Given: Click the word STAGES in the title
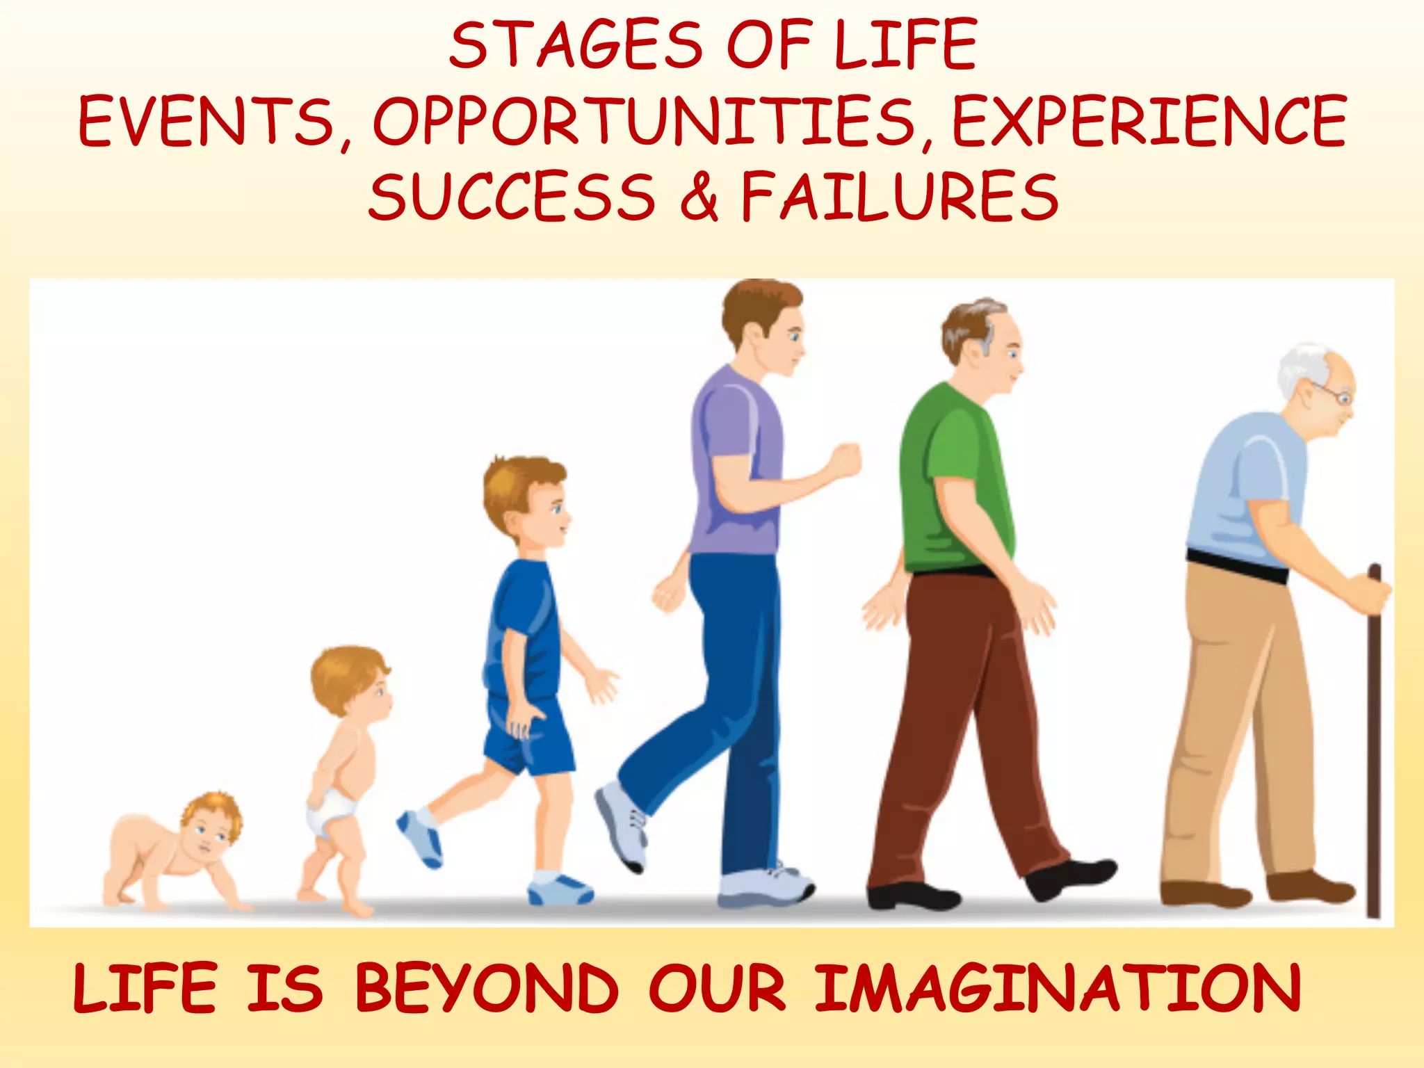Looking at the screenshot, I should pos(576,46).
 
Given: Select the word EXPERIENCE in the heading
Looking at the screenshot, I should pos(1149,122).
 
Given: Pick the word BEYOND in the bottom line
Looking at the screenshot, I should pos(487,988).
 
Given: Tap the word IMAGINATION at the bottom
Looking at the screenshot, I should pos(1057,988).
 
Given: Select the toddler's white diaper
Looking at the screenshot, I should pos(332,807).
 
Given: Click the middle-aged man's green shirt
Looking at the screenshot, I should pos(956,480).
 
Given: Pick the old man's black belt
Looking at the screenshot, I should pos(1238,567).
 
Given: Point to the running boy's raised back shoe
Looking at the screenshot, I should pos(420,838).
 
